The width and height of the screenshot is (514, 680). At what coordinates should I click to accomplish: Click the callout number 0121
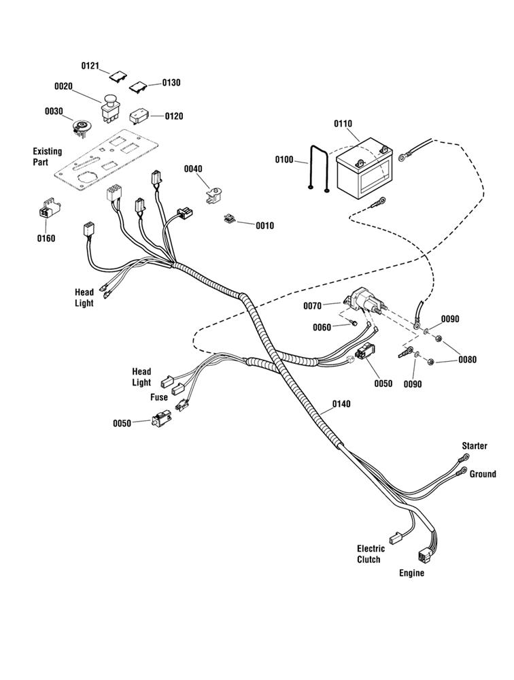(90, 66)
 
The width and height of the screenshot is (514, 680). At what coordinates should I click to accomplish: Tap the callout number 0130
(171, 83)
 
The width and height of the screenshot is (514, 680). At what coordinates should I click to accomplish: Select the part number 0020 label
(64, 86)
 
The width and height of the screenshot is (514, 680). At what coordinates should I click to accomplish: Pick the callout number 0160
(46, 239)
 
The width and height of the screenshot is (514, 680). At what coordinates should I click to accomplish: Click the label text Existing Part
(47, 157)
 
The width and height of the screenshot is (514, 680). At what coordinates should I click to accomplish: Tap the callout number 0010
(265, 226)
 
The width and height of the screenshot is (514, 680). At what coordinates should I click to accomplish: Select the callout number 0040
(193, 169)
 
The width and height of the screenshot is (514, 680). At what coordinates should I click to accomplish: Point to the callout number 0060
(322, 328)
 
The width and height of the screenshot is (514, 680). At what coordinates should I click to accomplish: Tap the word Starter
(475, 446)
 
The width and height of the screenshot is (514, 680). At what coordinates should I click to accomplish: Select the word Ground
(483, 475)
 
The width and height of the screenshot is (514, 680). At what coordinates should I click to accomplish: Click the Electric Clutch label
(371, 554)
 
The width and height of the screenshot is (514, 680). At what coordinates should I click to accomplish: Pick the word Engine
(411, 573)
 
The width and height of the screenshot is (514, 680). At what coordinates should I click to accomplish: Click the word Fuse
(159, 398)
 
